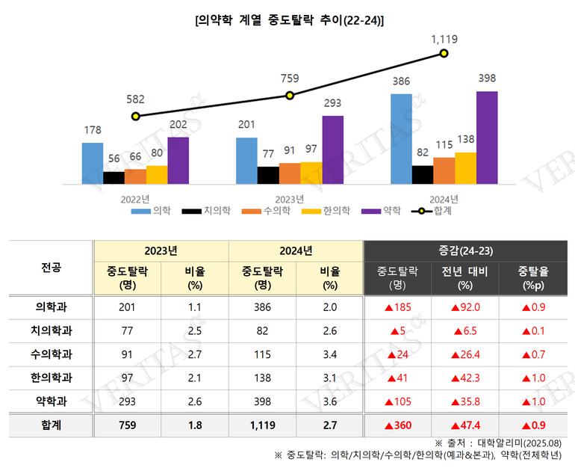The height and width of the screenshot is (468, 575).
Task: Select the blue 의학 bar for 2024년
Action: pos(400,138)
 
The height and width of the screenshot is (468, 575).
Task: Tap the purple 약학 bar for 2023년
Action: pos(332,150)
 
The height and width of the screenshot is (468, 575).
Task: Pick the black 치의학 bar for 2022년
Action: pos(114,177)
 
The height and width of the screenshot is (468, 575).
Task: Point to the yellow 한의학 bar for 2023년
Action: pos(311,173)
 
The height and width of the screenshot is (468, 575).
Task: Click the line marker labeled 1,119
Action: pos(444,53)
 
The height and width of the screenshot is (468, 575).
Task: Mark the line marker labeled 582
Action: pos(135,116)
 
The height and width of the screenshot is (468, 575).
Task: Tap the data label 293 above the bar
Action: pos(332,105)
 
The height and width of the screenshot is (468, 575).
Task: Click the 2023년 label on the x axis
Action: pos(289,199)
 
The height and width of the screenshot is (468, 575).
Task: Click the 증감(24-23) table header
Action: pos(464,250)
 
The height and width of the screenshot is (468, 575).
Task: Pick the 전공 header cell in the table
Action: pos(51,267)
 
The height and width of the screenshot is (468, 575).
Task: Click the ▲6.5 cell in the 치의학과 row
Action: pos(464,330)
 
